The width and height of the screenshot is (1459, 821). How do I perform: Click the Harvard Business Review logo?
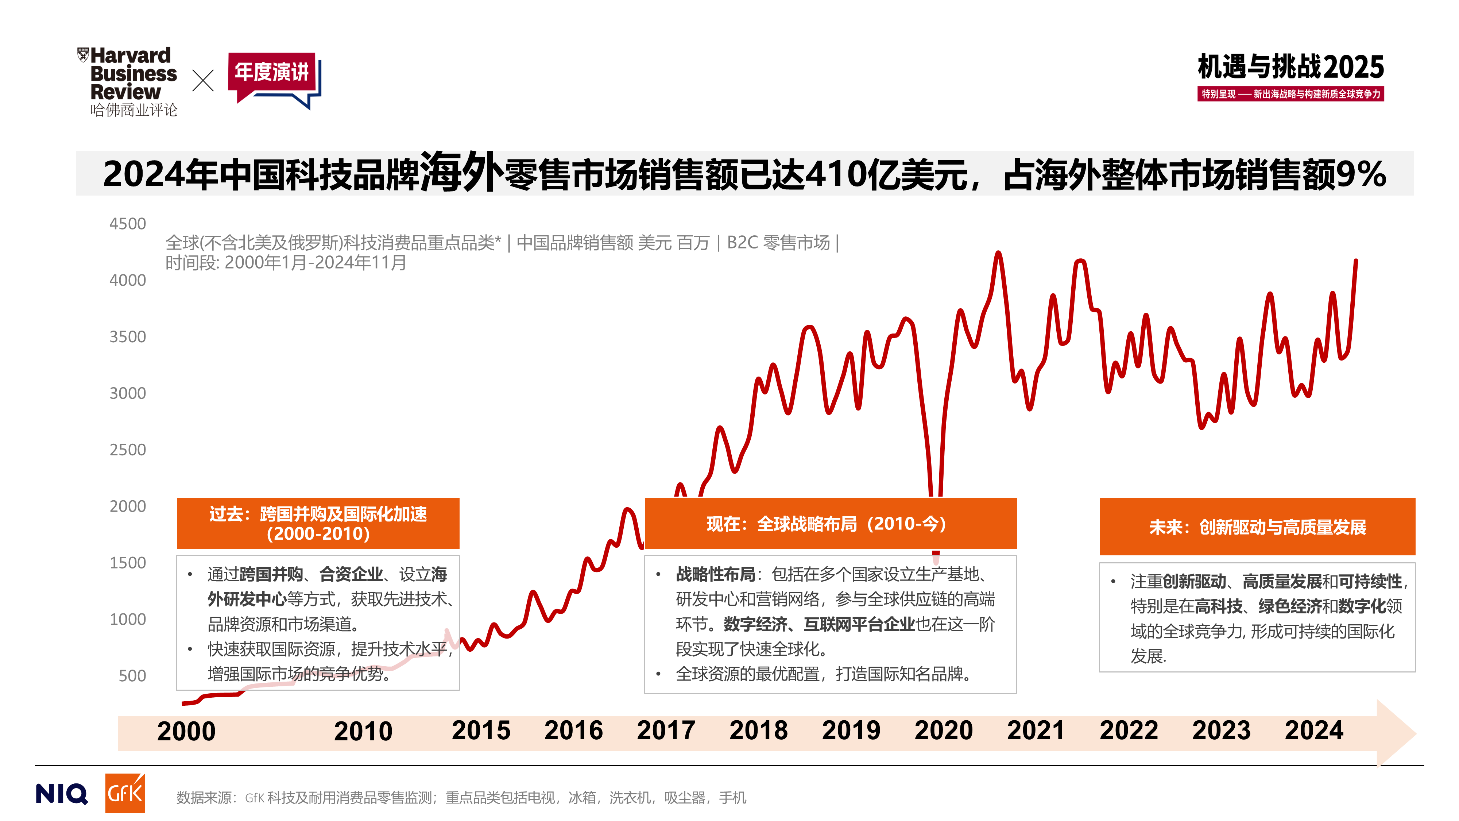[128, 80]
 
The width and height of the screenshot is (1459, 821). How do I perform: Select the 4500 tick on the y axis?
[127, 224]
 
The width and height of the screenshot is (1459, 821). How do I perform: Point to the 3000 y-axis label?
[127, 393]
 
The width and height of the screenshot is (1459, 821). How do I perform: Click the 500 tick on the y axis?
[132, 675]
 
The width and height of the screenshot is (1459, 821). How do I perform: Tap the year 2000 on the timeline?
[186, 731]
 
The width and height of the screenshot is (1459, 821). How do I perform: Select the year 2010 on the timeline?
[363, 731]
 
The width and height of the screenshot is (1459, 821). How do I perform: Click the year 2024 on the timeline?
[1314, 731]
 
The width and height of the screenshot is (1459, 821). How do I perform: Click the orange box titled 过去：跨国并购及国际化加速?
[318, 524]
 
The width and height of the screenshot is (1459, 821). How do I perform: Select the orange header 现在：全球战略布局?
[830, 524]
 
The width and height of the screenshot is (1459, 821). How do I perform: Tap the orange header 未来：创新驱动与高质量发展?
[1257, 527]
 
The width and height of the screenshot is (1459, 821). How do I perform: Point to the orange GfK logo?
[125, 793]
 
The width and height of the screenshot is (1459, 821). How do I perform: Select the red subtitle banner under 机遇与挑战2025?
[1290, 94]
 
